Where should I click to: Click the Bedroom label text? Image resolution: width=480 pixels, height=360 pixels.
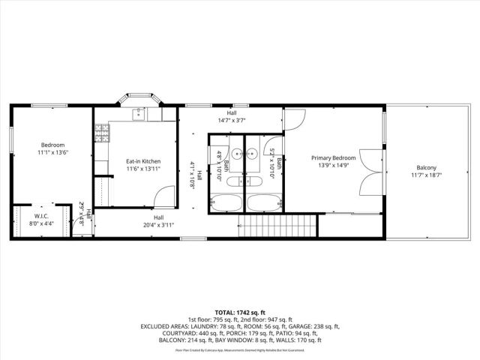click(x=52, y=145)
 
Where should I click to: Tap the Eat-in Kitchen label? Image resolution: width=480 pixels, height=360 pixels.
click(x=143, y=161)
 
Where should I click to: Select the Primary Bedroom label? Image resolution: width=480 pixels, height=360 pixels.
click(x=334, y=157)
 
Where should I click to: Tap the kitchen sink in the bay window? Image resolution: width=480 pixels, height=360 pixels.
click(x=139, y=114)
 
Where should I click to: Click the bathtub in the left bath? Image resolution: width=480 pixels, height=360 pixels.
click(x=226, y=202)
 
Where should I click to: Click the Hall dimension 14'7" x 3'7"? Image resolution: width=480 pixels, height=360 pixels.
click(x=232, y=120)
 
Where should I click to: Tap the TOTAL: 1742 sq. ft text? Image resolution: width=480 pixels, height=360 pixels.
click(x=240, y=313)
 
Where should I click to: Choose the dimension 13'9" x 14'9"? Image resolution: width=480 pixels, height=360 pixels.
click(x=334, y=165)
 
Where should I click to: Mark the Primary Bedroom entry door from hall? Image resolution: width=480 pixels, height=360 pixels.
click(x=293, y=119)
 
